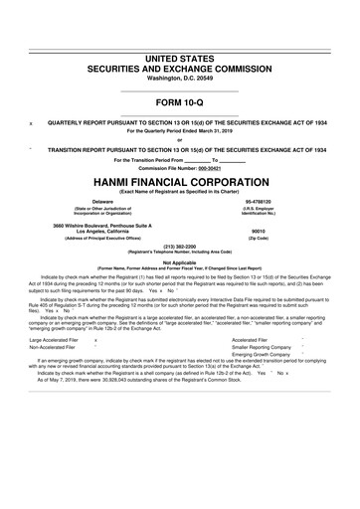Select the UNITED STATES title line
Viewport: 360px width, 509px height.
(x=179, y=32)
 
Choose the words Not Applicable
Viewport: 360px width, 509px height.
(x=179, y=262)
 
